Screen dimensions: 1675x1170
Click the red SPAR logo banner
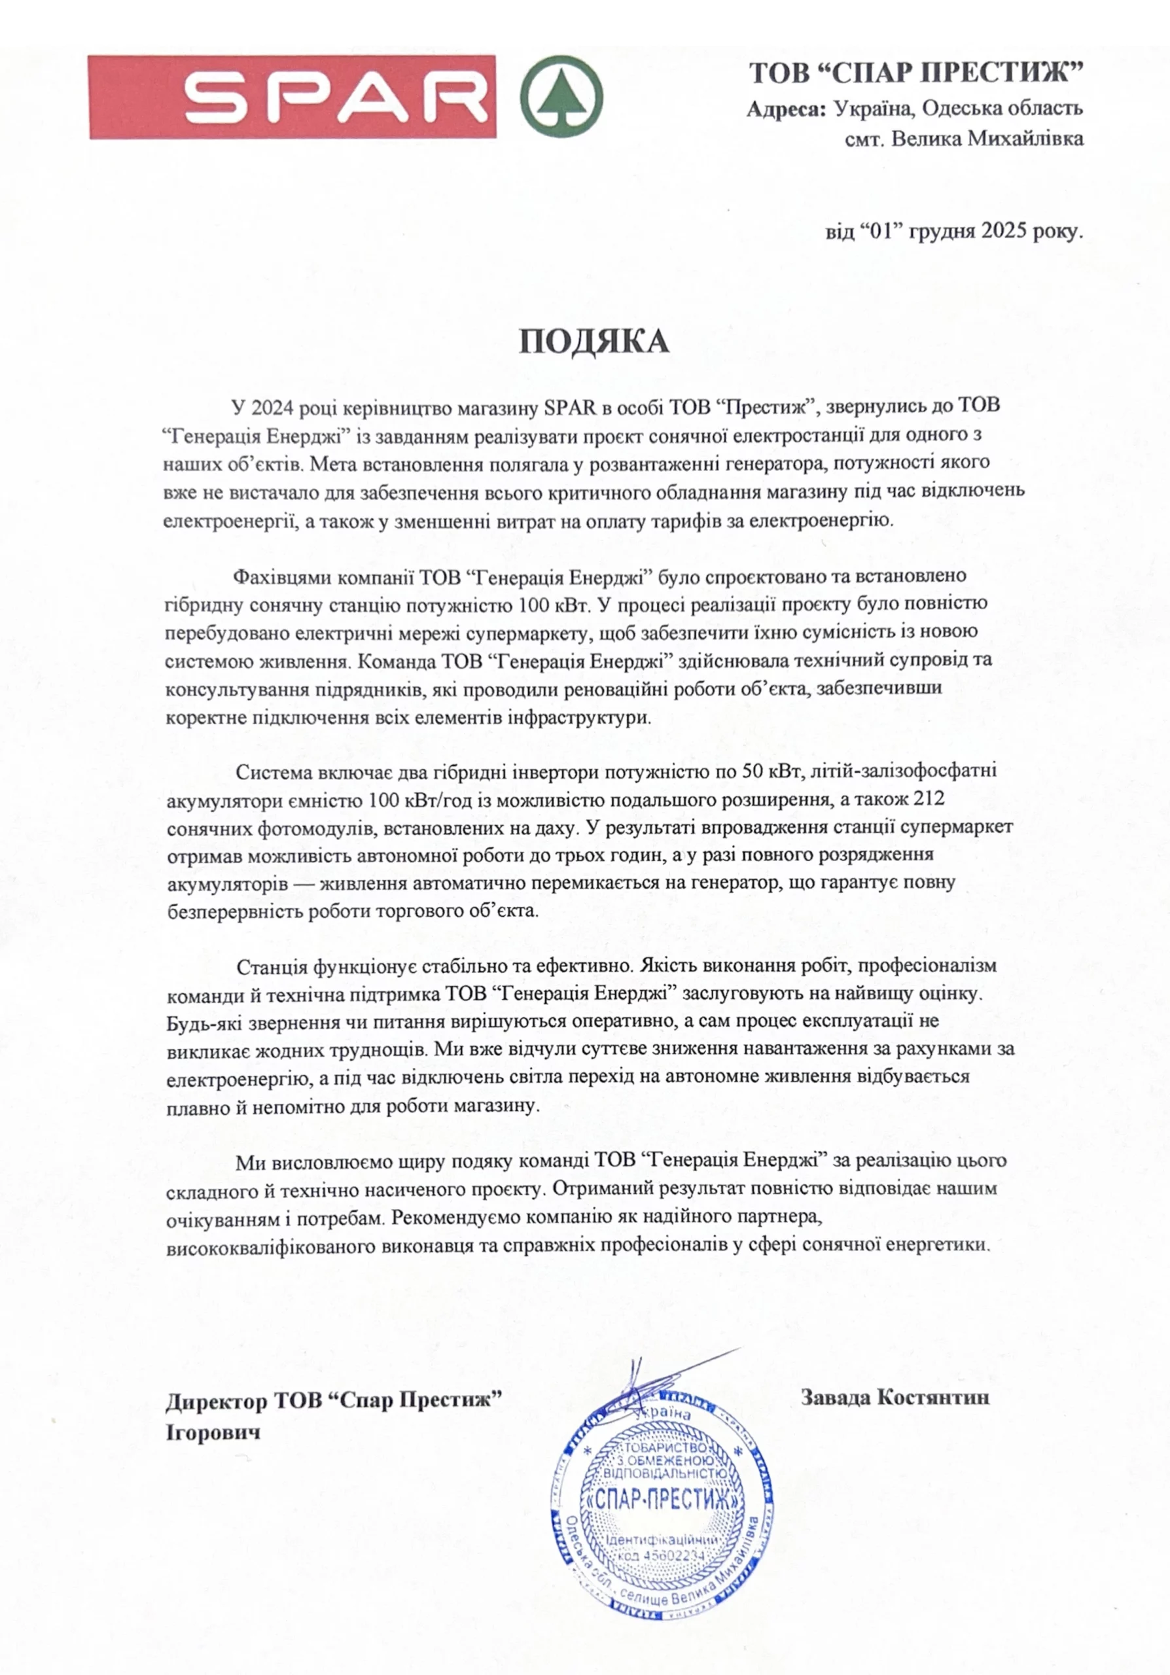(292, 96)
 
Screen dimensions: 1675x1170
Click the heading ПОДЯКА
(594, 342)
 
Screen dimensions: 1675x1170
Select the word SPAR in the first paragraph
(571, 406)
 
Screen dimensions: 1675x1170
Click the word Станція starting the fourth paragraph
(272, 966)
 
